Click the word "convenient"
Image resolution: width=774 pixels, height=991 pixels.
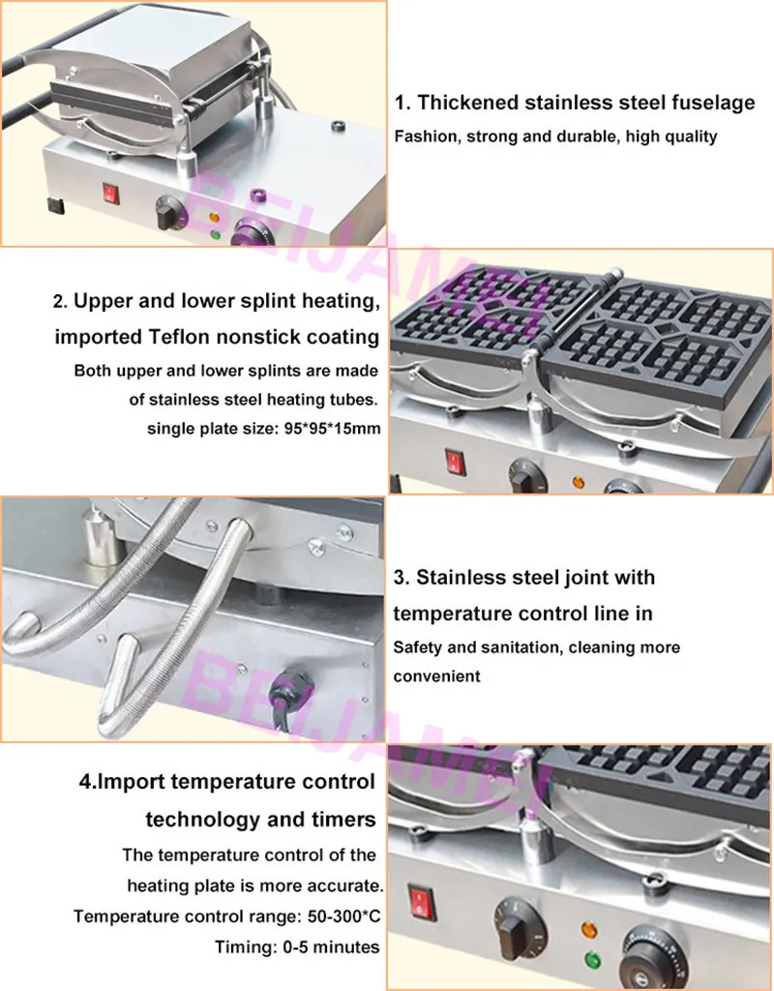point(436,676)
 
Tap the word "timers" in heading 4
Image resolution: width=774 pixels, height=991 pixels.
point(343,820)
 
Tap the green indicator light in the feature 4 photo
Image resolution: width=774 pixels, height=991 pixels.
point(592,961)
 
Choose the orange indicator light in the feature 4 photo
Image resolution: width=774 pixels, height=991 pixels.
point(589,930)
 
